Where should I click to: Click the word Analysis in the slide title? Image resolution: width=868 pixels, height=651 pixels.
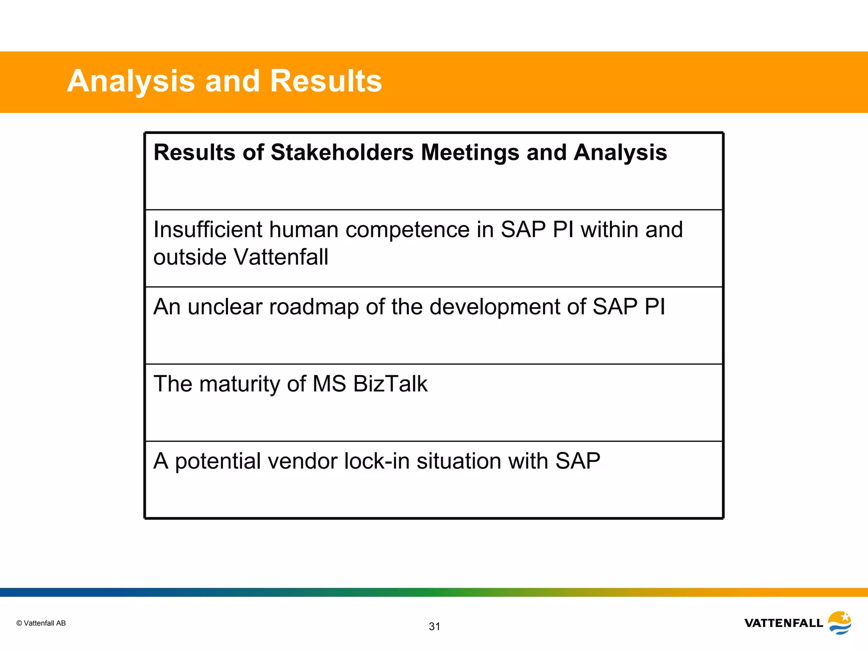point(131,81)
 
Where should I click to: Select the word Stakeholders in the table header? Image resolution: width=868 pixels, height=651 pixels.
point(342,153)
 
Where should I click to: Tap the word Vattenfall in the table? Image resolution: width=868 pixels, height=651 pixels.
point(281,257)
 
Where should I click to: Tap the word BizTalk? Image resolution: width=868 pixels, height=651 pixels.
point(390,384)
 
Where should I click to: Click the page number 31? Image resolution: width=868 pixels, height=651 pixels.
point(434,626)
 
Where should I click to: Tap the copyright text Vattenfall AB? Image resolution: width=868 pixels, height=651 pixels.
point(41,623)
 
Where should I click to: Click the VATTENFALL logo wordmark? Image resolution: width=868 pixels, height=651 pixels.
point(783,623)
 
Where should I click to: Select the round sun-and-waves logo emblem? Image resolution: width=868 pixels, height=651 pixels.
point(840,622)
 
